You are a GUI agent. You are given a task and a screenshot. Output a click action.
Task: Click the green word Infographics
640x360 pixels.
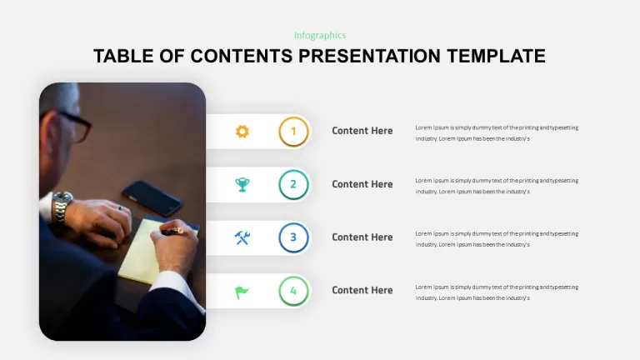[x=320, y=36]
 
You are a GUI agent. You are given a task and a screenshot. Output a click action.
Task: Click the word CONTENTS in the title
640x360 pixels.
[x=241, y=56]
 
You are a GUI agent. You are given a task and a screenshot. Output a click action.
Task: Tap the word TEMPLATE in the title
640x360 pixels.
[x=496, y=56]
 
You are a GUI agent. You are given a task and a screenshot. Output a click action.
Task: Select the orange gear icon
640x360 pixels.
[x=242, y=132]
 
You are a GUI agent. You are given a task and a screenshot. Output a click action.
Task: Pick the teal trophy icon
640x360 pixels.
[x=242, y=184]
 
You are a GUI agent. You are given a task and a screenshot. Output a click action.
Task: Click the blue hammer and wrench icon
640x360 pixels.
[x=242, y=237]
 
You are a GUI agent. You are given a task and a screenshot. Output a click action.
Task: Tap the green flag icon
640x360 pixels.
[x=242, y=292]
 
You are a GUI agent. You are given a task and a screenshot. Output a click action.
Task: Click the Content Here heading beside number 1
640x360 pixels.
[x=362, y=131]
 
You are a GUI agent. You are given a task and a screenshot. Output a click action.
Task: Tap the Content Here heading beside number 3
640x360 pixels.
[x=362, y=237]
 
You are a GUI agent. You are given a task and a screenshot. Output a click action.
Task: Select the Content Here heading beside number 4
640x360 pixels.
[x=362, y=290]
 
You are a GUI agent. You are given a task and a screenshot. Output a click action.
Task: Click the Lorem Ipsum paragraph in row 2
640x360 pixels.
[x=497, y=186]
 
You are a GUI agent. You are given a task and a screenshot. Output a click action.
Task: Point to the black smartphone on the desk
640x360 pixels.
[x=152, y=198]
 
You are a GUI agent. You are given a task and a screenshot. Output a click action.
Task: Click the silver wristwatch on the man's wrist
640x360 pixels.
[x=62, y=206]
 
